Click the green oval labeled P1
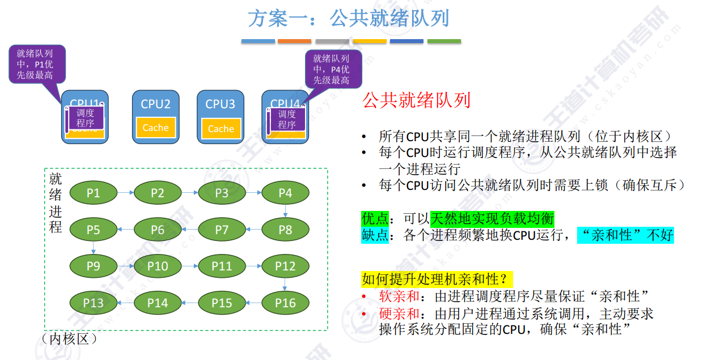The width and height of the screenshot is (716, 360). coord(94,193)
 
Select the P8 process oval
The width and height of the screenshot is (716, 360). coord(285,230)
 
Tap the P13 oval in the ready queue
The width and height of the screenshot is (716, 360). coord(94,303)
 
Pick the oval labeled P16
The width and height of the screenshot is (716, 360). coord(285,303)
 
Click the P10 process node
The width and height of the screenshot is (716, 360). coord(158,266)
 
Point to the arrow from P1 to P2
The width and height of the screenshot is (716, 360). coord(125,193)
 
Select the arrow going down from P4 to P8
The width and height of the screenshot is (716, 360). coord(285,211)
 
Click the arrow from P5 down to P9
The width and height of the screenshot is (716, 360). coord(94,248)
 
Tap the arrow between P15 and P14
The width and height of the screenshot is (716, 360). coord(189,303)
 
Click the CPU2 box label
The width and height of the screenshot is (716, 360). coord(155,104)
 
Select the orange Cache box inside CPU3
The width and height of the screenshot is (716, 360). coord(221,129)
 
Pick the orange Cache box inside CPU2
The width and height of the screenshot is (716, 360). coord(155,128)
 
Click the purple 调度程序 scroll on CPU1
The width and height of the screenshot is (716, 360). coord(86,118)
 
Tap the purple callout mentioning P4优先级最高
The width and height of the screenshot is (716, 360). coord(331,69)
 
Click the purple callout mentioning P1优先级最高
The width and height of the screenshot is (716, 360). coord(35,64)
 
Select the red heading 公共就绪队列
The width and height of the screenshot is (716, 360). coord(416,101)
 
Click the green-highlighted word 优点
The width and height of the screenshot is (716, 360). coord(375,218)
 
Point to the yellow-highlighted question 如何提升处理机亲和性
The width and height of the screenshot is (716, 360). coord(437,279)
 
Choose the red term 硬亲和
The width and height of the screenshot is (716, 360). coord(399,314)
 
